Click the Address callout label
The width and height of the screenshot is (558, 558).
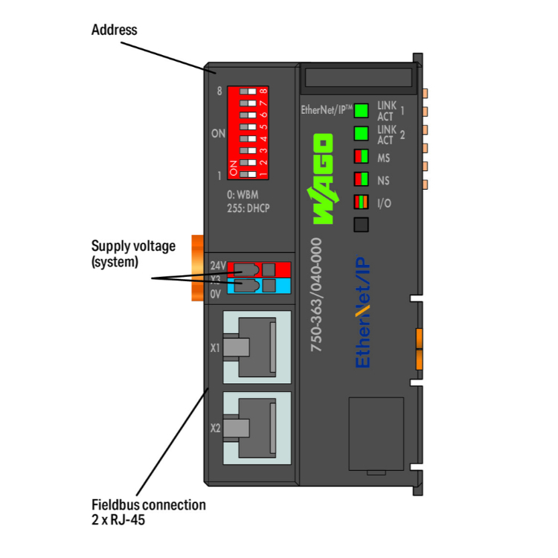tap(114, 31)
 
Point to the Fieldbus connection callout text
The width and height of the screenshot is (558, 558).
tap(148, 513)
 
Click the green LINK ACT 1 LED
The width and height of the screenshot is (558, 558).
tap(362, 112)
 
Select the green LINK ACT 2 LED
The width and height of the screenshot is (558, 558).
tap(362, 135)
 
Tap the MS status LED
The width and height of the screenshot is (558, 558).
tap(362, 157)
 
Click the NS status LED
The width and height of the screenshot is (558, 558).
tap(362, 179)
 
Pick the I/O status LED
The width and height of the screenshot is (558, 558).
tap(362, 202)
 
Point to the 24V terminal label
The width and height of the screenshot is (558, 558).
tap(217, 265)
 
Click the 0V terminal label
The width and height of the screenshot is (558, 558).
tap(216, 295)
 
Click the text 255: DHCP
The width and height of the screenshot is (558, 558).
tap(248, 209)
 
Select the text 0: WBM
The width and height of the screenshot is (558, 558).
tap(243, 196)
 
